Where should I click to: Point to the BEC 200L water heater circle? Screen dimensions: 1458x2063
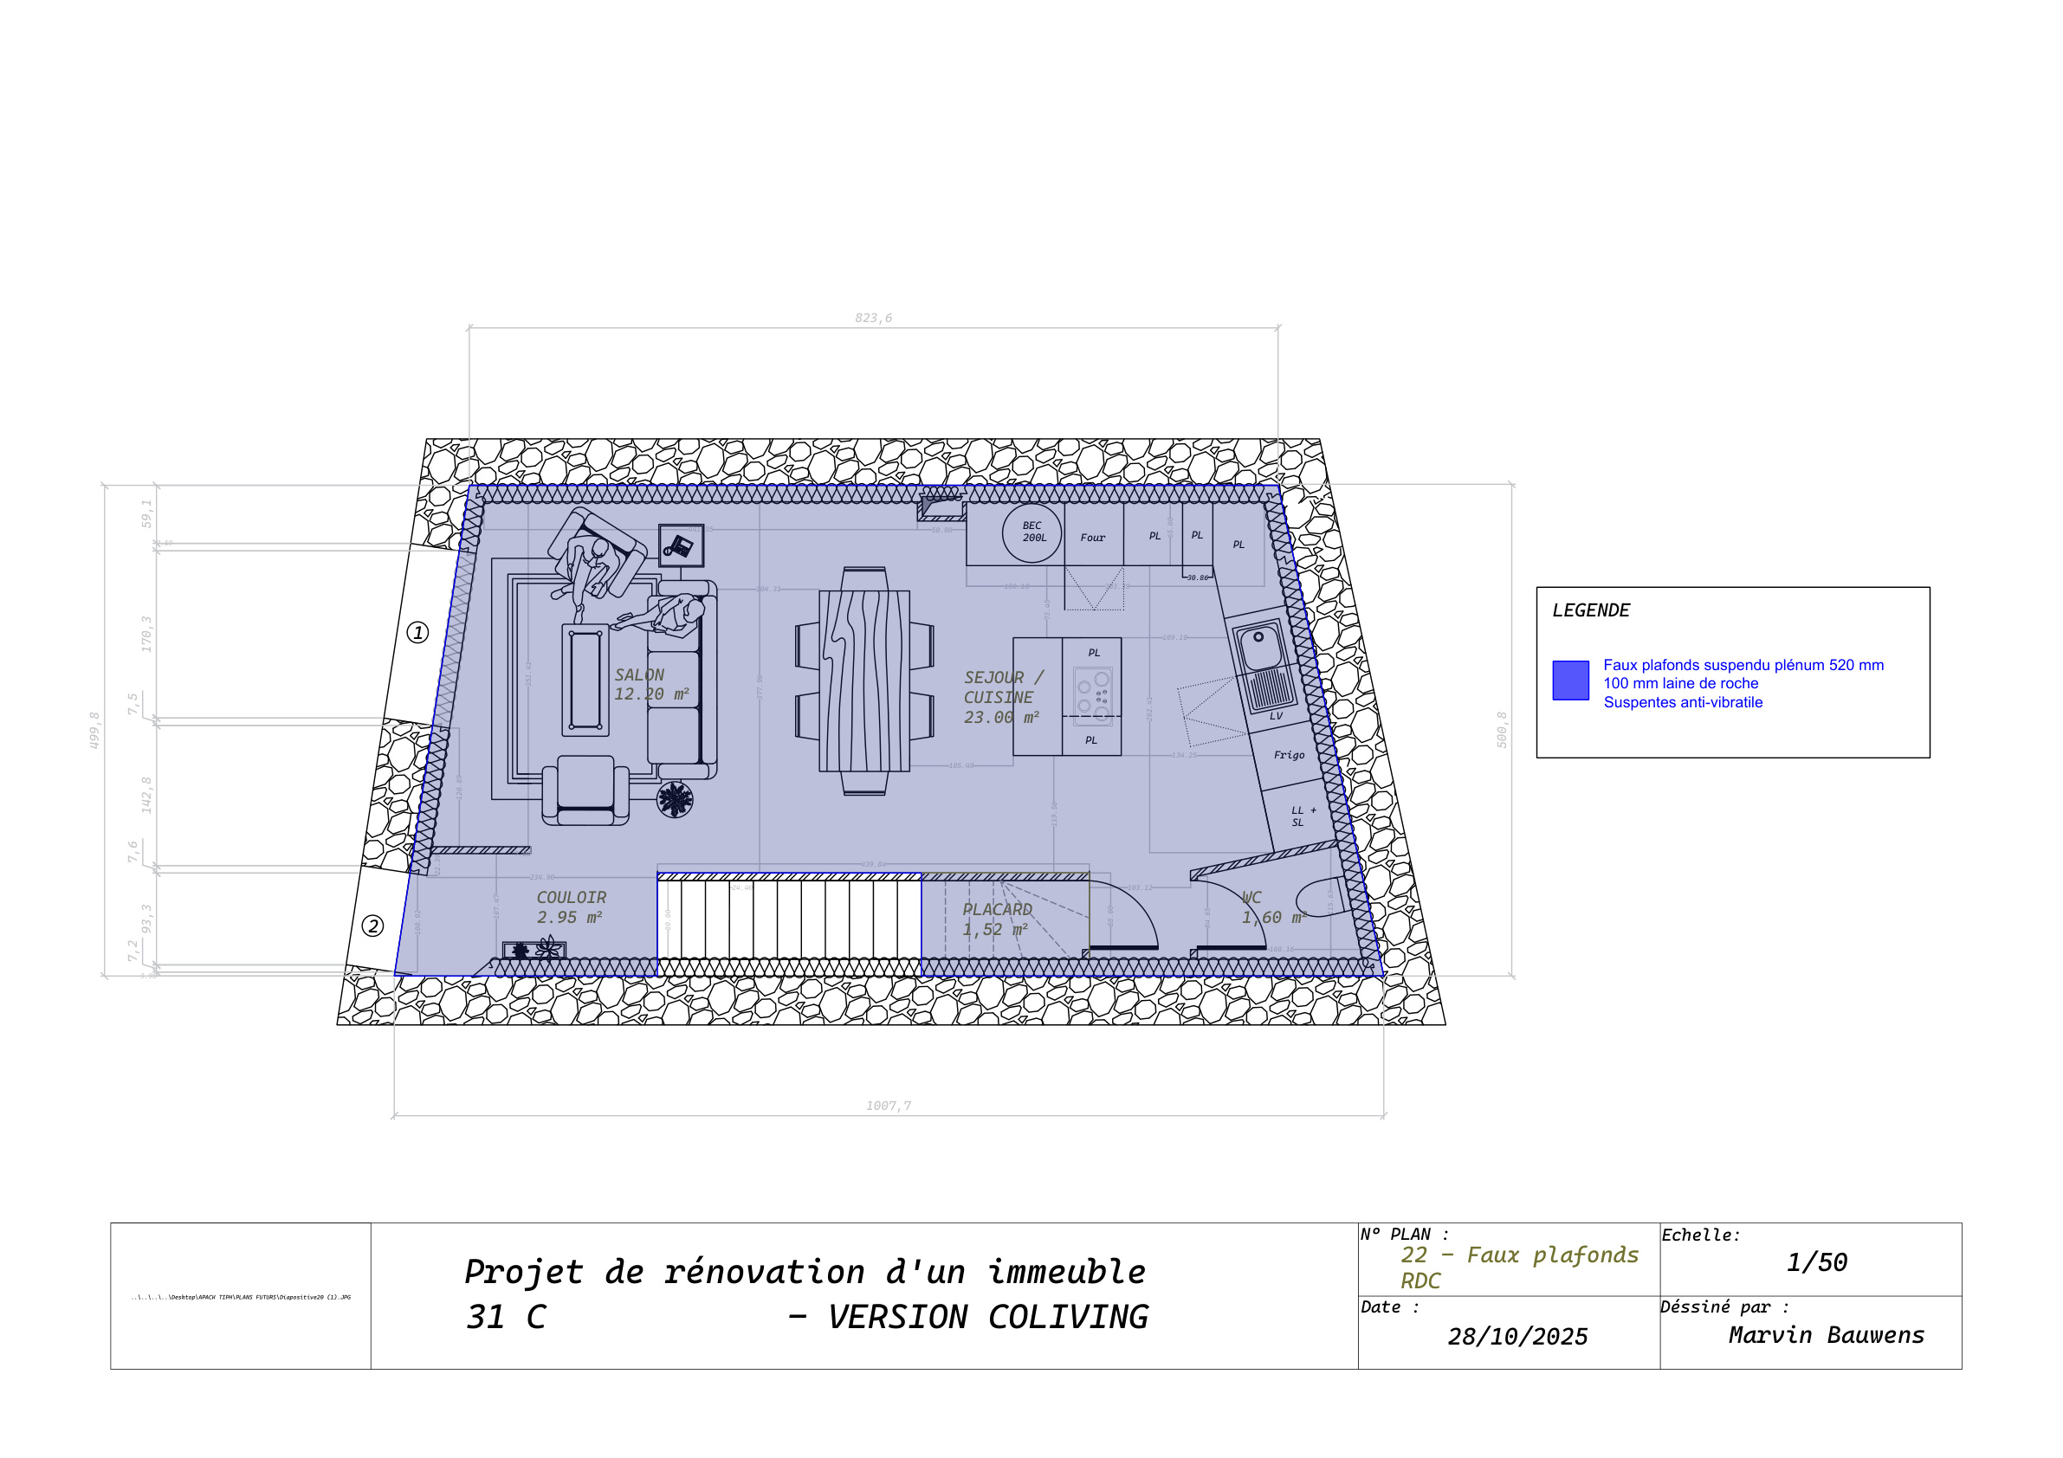[x=1031, y=532]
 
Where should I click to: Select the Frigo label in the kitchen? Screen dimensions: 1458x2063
[x=1289, y=756]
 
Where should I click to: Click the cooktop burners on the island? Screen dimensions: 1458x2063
[x=1093, y=694]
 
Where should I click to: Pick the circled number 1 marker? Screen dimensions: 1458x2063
[x=417, y=632]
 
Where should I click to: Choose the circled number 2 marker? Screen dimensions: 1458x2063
[x=373, y=926]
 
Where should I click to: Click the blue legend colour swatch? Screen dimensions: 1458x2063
[x=1570, y=680]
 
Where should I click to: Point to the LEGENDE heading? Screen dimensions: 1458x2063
[x=1590, y=611]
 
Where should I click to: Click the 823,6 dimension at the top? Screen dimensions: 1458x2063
[x=873, y=318]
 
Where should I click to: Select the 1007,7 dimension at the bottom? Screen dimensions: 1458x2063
[x=889, y=1106]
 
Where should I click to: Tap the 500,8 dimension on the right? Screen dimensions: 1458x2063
[x=1502, y=730]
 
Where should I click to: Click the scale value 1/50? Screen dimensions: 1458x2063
[x=1816, y=1262]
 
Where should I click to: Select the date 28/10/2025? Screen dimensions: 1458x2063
[x=1517, y=1337]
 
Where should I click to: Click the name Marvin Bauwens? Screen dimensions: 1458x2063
[x=1826, y=1335]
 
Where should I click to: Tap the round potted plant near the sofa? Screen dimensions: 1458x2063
[x=675, y=798]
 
